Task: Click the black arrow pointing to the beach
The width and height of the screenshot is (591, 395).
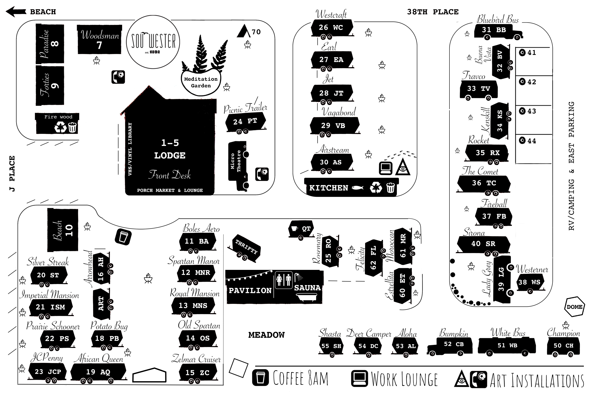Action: click(16, 12)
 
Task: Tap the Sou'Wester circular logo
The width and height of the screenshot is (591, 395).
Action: click(153, 42)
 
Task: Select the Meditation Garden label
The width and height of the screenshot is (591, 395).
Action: click(201, 82)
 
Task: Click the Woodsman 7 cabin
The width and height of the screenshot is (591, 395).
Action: click(100, 39)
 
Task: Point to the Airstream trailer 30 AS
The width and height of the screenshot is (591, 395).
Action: click(331, 162)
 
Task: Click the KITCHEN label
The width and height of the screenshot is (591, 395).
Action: click(329, 188)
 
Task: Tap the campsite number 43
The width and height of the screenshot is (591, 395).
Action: click(531, 111)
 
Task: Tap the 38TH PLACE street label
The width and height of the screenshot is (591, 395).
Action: click(433, 12)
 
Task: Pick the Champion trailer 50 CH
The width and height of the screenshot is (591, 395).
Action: click(563, 346)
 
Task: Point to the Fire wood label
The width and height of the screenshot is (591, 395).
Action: click(58, 117)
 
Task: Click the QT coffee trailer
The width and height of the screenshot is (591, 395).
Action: click(301, 229)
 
